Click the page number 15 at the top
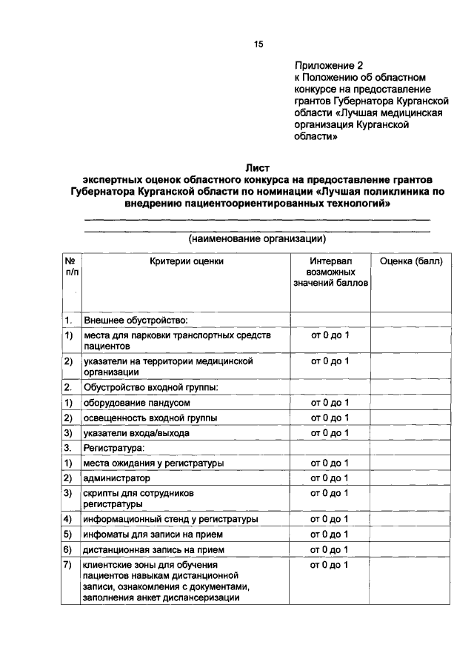click(x=258, y=44)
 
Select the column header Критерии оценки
click(x=186, y=261)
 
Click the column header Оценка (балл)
click(x=410, y=261)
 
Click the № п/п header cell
click(x=70, y=267)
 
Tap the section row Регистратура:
click(x=113, y=448)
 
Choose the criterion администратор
click(x=117, y=478)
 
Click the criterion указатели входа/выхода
click(x=136, y=433)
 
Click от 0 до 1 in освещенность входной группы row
click(x=330, y=418)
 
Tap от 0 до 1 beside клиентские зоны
click(x=330, y=565)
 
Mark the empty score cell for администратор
click(x=410, y=478)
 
